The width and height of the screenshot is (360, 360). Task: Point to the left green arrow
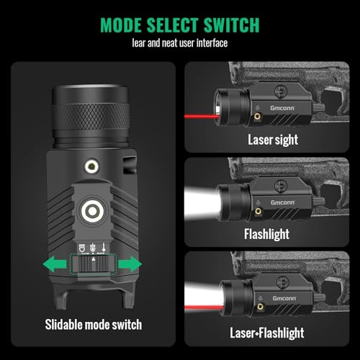coord(56,265)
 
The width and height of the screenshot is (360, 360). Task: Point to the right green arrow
coord(129,265)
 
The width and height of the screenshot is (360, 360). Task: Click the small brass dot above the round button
coord(92,165)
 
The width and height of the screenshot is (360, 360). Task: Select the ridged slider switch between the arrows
coord(92,265)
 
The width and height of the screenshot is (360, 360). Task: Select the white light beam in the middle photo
coord(200,199)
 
